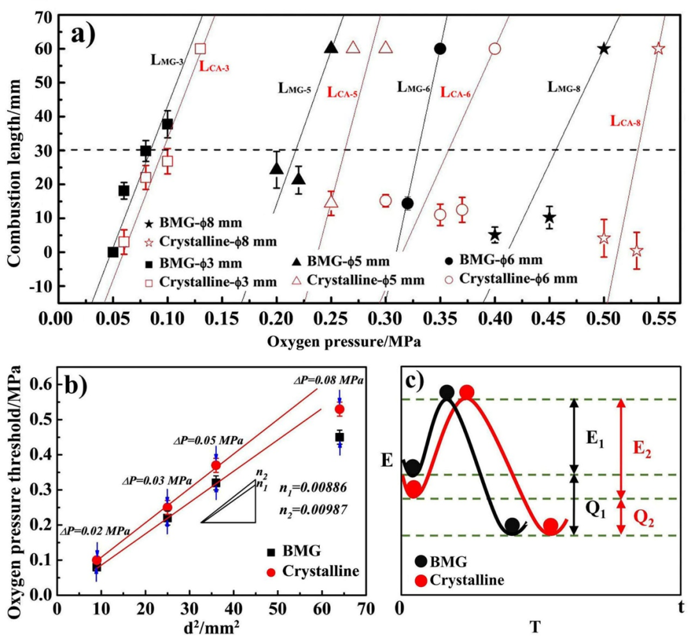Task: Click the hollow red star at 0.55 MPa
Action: pos(658,49)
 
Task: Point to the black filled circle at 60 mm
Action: pos(440,49)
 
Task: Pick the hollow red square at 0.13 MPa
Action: pos(200,49)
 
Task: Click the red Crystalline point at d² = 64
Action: pos(339,409)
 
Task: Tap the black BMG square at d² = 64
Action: pos(339,437)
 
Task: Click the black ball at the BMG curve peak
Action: pos(447,392)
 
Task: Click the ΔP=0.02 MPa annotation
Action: pos(96,531)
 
